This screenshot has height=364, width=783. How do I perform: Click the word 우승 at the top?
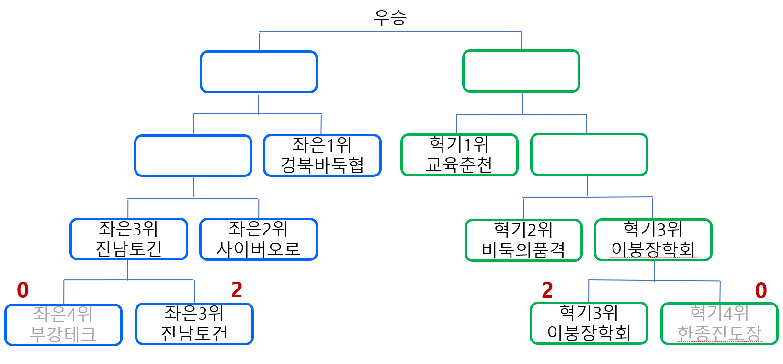[x=390, y=18]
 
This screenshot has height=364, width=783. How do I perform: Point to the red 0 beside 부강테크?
[x=23, y=290]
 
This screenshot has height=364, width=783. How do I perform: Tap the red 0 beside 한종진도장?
[x=760, y=291]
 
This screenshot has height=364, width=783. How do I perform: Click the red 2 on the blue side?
[x=237, y=290]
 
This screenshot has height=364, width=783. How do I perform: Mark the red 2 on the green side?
[x=547, y=290]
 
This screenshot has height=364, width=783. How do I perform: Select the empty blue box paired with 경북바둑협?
[x=193, y=155]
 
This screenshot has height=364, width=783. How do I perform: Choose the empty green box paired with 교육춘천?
[x=589, y=154]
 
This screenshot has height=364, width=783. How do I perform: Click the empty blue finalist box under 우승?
[x=259, y=71]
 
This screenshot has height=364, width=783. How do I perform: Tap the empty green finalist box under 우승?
[x=521, y=71]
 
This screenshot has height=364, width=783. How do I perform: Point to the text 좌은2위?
[x=258, y=229]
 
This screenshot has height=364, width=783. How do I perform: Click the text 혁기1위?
[x=459, y=144]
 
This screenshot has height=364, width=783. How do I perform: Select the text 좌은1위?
[x=322, y=144]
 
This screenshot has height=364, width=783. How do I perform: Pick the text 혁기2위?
[x=523, y=229]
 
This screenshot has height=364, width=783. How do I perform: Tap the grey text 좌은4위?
[x=63, y=314]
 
